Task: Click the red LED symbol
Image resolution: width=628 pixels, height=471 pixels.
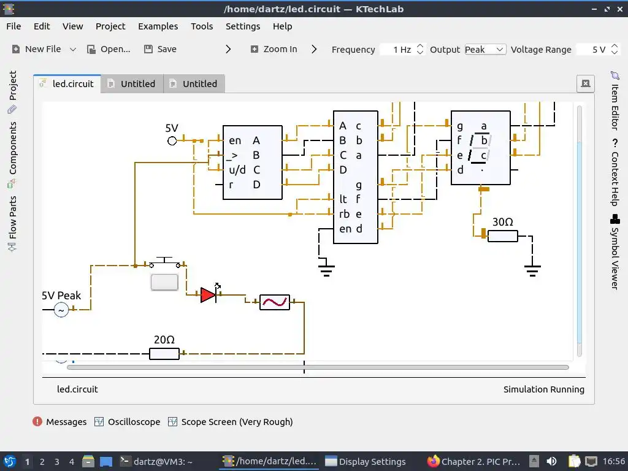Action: pyautogui.click(x=209, y=295)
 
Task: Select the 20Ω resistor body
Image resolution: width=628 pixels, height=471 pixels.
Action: pyautogui.click(x=164, y=353)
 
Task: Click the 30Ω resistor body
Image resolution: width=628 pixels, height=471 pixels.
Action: pyautogui.click(x=503, y=236)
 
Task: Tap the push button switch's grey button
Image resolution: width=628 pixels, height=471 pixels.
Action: pyautogui.click(x=164, y=282)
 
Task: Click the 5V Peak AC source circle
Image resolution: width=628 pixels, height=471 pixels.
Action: pyautogui.click(x=61, y=310)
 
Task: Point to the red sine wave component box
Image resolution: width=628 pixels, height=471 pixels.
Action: pyautogui.click(x=275, y=302)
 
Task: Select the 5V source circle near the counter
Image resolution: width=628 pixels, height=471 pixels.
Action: pyautogui.click(x=172, y=141)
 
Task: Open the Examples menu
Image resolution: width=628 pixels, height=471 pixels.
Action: pyautogui.click(x=158, y=26)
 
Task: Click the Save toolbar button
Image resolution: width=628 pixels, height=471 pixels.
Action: pyautogui.click(x=160, y=49)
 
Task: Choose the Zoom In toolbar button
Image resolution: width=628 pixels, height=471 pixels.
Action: pyautogui.click(x=274, y=49)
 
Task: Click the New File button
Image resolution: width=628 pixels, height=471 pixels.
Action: pyautogui.click(x=36, y=49)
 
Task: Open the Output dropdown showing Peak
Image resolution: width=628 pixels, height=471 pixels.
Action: pyautogui.click(x=484, y=50)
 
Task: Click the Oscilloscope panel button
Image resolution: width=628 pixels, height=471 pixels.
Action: pyautogui.click(x=128, y=422)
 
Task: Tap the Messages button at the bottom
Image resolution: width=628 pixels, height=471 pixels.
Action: pyautogui.click(x=59, y=422)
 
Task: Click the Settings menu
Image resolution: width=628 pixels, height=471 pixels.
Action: pyautogui.click(x=243, y=26)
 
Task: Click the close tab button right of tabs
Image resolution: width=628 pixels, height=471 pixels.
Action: pyautogui.click(x=585, y=84)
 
